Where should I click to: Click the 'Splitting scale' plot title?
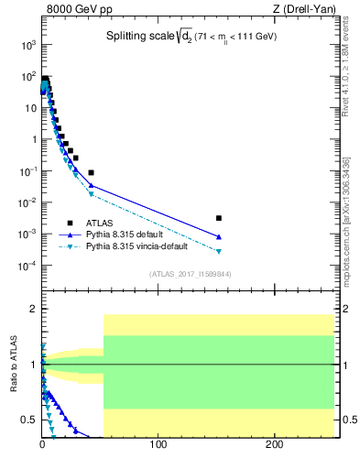pos(147,38)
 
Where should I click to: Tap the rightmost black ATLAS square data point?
pos(218,218)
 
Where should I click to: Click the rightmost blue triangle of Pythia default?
pos(218,237)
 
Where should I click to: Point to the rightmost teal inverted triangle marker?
pos(218,251)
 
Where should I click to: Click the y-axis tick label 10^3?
pos(27,45)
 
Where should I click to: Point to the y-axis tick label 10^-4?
pos(27,266)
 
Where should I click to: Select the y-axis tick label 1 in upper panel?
pos(32,140)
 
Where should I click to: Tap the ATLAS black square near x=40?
pos(91,172)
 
